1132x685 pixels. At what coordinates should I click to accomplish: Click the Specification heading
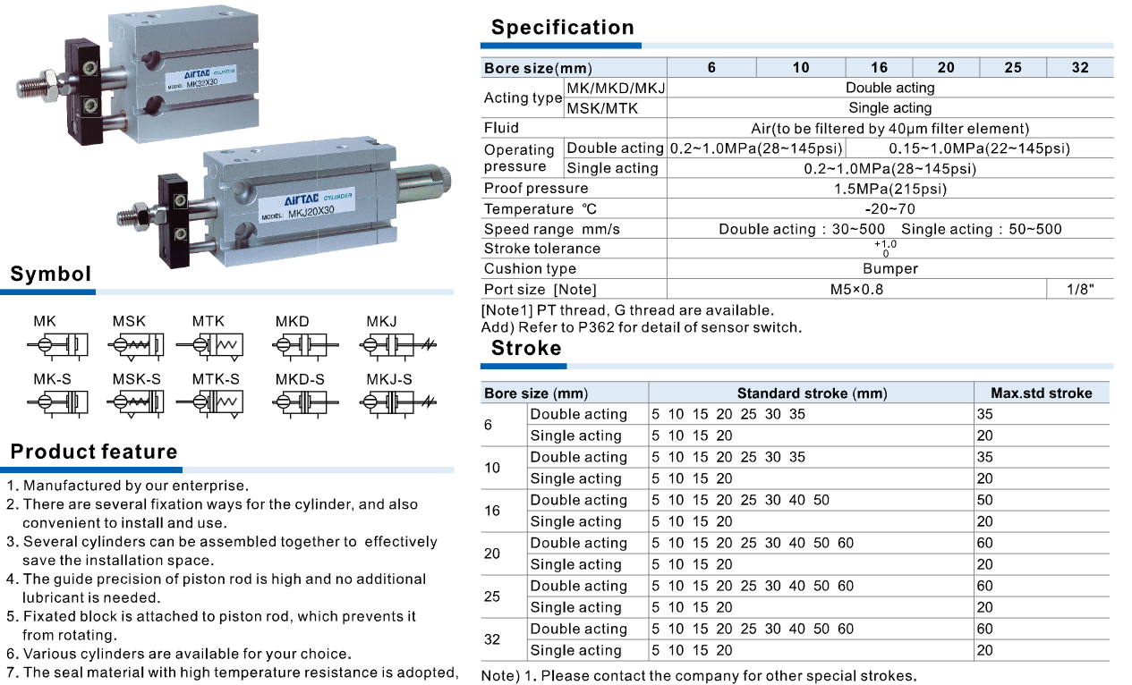click(x=562, y=28)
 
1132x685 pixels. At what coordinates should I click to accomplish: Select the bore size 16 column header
click(x=879, y=67)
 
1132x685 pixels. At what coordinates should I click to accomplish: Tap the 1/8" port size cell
click(x=1079, y=289)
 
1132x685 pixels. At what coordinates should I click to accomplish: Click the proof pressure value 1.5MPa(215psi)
click(x=889, y=189)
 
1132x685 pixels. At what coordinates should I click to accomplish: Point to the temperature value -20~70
click(x=889, y=209)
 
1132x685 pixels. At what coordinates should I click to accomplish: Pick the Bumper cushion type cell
click(x=889, y=268)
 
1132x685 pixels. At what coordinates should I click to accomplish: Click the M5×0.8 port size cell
click(x=856, y=289)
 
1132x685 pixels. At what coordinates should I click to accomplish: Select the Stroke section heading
click(x=526, y=348)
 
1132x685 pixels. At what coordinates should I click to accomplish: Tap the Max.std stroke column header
click(x=1041, y=393)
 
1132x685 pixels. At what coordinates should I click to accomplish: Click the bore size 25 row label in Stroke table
click(x=492, y=596)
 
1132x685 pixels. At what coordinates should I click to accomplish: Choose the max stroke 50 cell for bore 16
click(x=984, y=500)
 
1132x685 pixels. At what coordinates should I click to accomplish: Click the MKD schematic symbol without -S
click(x=305, y=344)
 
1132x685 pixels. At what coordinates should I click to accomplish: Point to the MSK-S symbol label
click(x=136, y=379)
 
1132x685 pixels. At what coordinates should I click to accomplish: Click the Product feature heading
click(x=94, y=452)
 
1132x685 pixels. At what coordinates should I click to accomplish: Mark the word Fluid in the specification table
click(x=501, y=128)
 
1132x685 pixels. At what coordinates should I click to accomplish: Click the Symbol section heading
click(x=51, y=274)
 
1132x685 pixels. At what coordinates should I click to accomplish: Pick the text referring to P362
click(x=641, y=327)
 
